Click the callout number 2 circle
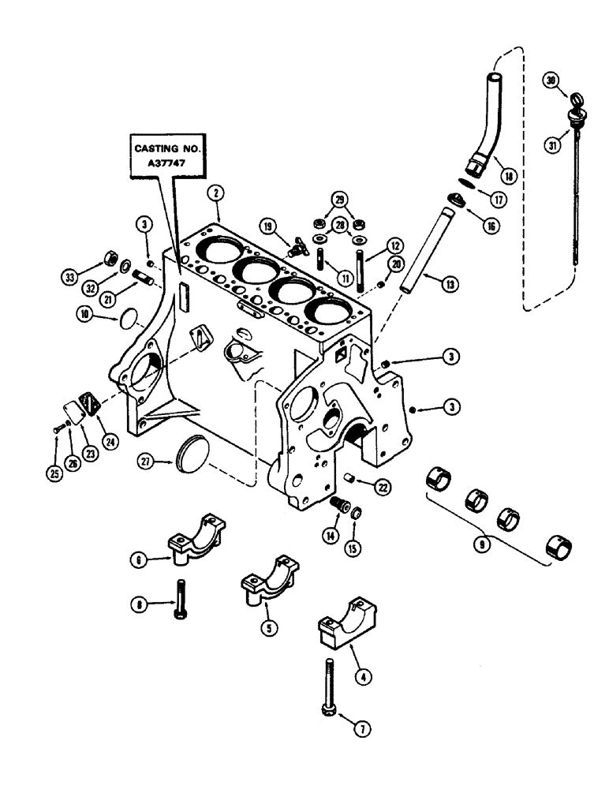coord(213,192)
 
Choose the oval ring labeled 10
coord(125,320)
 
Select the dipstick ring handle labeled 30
coord(574,99)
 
